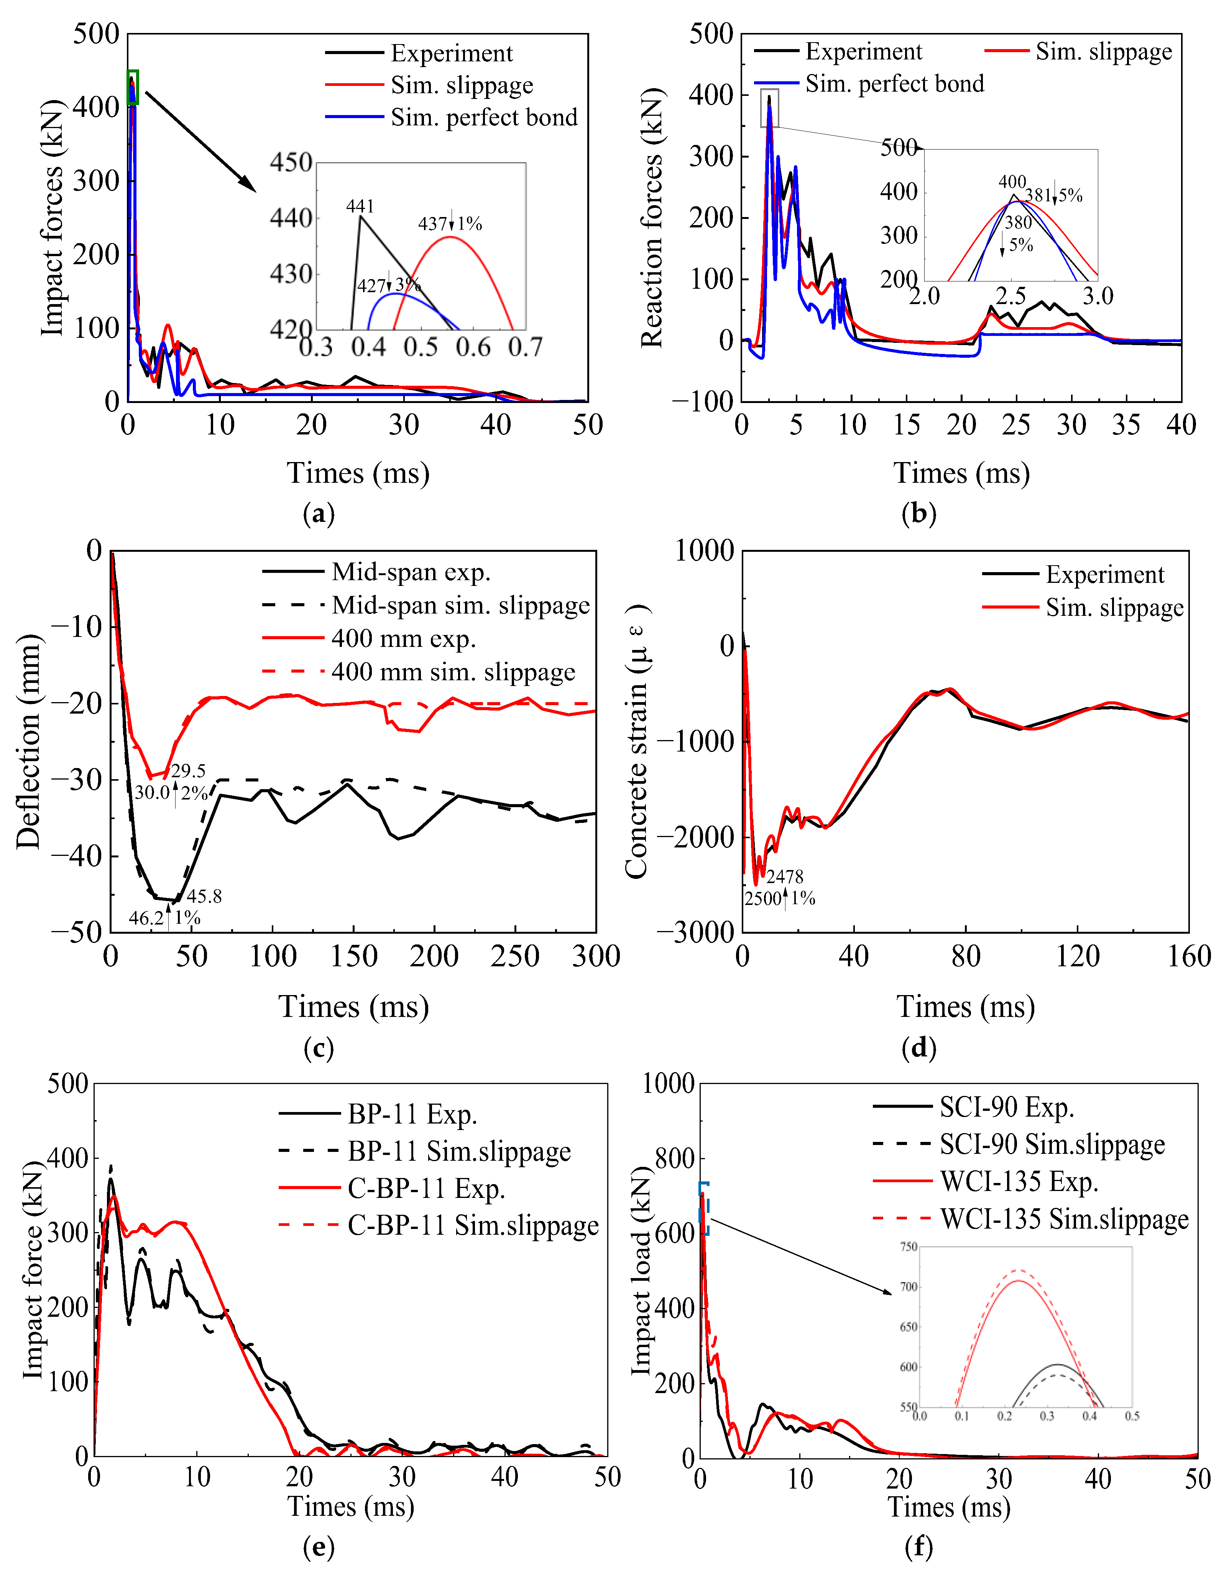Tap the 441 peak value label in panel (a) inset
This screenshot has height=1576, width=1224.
pyautogui.click(x=360, y=206)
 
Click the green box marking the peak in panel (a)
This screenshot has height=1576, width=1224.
pyautogui.click(x=133, y=87)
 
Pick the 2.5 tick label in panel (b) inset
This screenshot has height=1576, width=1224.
pyautogui.click(x=1011, y=296)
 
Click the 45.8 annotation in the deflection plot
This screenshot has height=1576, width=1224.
pyautogui.click(x=204, y=896)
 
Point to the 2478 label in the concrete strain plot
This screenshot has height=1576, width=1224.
pyautogui.click(x=785, y=877)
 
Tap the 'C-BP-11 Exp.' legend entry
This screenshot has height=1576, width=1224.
pyautogui.click(x=393, y=1188)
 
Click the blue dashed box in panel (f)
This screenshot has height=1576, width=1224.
pyautogui.click(x=704, y=1209)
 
